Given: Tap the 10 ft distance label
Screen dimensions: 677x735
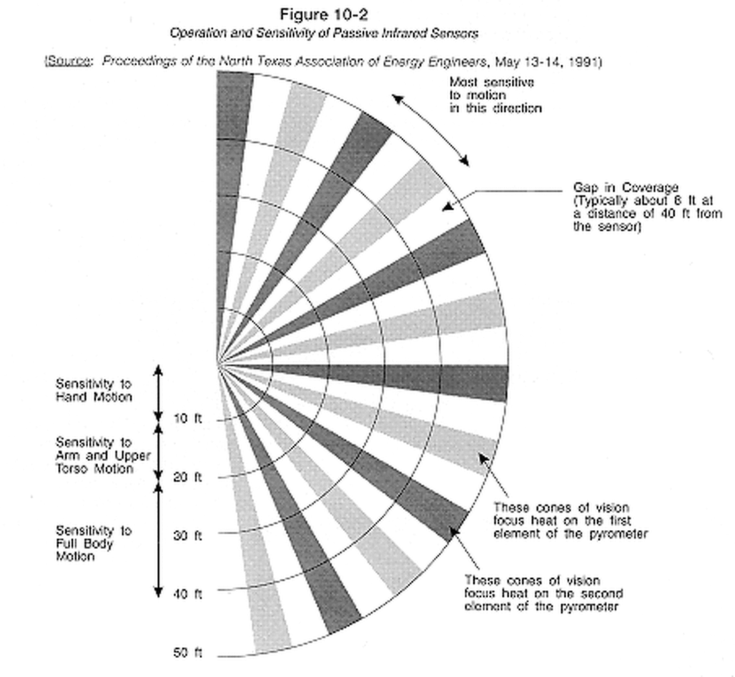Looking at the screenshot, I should coord(187,418).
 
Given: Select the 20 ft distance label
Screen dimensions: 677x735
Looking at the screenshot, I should coord(187,477).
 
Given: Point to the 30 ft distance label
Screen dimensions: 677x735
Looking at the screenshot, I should coord(187,536).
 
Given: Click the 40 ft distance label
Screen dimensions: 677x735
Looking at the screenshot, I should coord(187,594).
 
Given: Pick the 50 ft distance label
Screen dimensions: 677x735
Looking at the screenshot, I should coord(187,653).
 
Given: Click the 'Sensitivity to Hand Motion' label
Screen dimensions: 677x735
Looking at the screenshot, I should coord(93,390).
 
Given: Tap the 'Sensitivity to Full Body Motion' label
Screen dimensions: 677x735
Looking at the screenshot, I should coord(93,543).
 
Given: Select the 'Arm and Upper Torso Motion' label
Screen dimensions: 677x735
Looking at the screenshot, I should coord(102,456).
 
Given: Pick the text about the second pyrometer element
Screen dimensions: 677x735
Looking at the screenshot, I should coord(542,593).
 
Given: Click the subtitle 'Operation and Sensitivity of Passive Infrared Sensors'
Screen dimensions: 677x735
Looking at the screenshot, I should coord(323,33).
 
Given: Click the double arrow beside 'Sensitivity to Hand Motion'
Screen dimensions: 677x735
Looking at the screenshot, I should coord(158,393).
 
